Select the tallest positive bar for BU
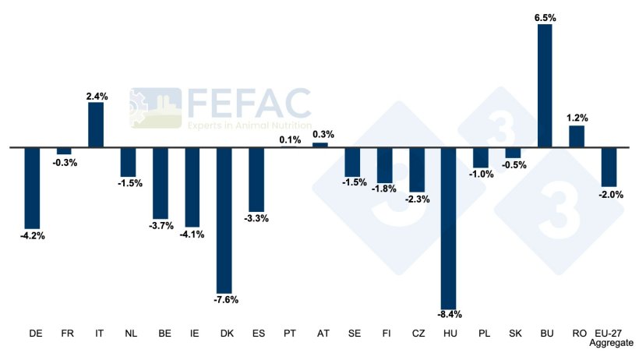point(544,85)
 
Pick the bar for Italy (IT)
point(96,125)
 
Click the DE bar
point(32,187)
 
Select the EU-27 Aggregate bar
point(609,166)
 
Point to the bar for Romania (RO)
point(577,136)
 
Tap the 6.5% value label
point(545,16)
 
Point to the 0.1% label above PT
point(289,139)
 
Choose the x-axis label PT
point(290,333)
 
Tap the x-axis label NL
point(130,333)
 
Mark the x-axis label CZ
point(417,333)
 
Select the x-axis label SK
point(513,333)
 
